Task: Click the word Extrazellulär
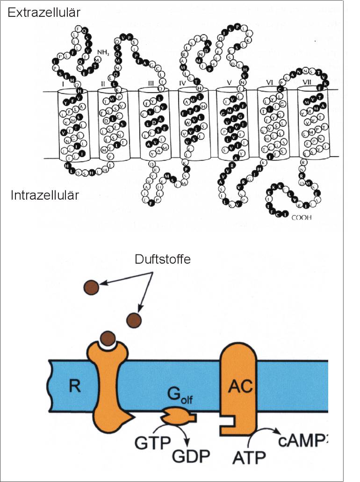[x=43, y=13]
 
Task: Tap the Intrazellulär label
[x=45, y=195]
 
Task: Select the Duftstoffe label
[x=162, y=259]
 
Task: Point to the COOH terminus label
[x=302, y=217]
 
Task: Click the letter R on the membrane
[x=73, y=386]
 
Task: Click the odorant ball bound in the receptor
[x=108, y=338]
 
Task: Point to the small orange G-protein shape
[x=177, y=414]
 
